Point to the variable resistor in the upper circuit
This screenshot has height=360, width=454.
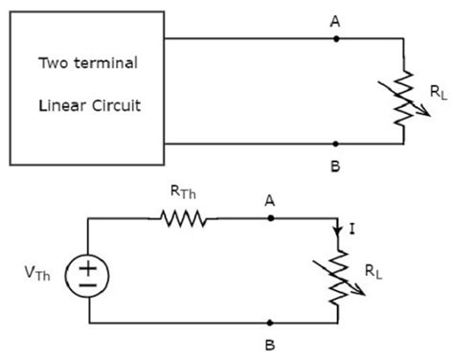[403, 93]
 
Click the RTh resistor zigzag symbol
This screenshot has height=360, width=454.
[183, 219]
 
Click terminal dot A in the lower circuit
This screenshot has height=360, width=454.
[271, 219]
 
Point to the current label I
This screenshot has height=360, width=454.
[355, 230]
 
